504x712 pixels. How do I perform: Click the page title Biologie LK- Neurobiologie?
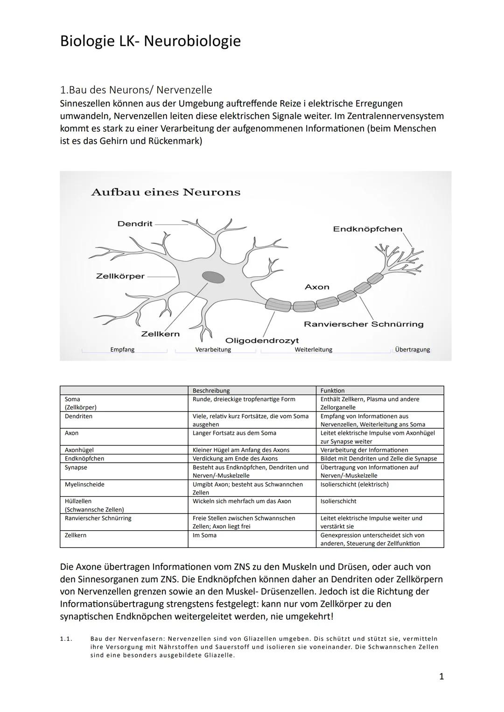[150, 41]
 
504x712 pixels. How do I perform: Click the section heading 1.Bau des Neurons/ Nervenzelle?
[136, 89]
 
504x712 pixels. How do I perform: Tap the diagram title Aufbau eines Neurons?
[166, 192]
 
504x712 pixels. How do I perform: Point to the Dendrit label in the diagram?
[134, 224]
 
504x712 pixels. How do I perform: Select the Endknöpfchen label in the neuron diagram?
[367, 229]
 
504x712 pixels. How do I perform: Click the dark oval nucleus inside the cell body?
[213, 277]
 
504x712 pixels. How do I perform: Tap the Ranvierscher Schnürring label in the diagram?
[364, 324]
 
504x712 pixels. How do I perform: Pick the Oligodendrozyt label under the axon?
[262, 341]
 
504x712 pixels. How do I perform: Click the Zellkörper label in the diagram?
[120, 276]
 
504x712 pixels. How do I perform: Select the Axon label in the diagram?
[317, 287]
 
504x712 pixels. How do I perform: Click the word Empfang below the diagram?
[122, 349]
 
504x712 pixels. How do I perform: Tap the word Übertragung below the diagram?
[412, 349]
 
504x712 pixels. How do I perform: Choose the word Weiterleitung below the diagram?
[313, 349]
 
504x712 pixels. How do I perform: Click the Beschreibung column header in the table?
[211, 390]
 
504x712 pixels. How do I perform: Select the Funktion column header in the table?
[332, 390]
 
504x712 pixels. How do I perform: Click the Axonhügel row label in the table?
[79, 450]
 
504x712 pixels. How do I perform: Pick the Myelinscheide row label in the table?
[84, 485]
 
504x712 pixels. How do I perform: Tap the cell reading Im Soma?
[204, 535]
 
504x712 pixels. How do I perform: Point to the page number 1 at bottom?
[441, 677]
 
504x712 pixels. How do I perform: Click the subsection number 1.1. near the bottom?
[66, 639]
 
